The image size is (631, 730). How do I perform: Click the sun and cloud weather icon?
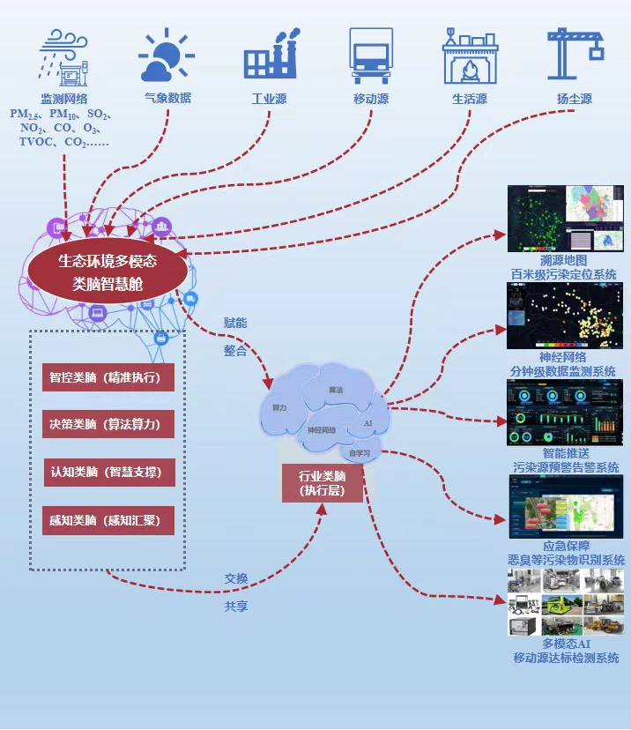[x=166, y=56]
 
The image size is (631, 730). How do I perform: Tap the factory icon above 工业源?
[x=269, y=55]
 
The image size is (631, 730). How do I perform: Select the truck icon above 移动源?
[x=371, y=55]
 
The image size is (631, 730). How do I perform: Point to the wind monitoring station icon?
[x=64, y=56]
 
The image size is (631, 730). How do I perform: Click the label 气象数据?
[x=167, y=99]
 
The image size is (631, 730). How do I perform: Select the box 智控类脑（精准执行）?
[x=108, y=377]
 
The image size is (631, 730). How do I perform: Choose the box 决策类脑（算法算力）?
[x=108, y=425]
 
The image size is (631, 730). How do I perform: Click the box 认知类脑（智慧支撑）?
[x=108, y=473]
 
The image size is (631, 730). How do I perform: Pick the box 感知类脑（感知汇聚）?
[x=108, y=520]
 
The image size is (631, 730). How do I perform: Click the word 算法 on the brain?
[x=336, y=389]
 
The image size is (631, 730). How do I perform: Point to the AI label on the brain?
[x=368, y=424]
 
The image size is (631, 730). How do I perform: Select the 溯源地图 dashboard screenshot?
[x=565, y=218]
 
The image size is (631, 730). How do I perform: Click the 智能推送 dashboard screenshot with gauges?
[x=565, y=413]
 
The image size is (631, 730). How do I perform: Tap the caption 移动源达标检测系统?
[x=566, y=658]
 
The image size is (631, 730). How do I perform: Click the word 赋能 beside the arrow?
[x=235, y=323]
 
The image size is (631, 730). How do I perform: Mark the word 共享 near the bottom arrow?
[x=235, y=607]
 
